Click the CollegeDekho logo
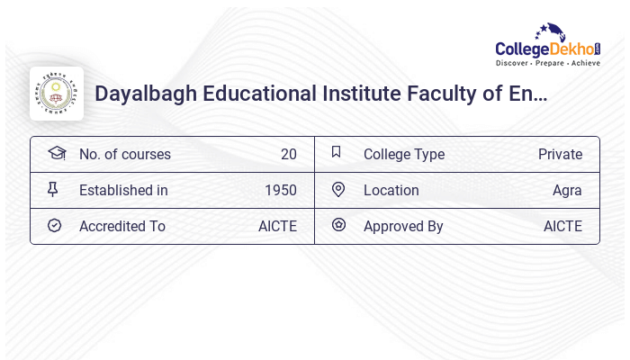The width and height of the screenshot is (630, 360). [x=547, y=47]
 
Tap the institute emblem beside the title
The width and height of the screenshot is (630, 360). [x=57, y=94]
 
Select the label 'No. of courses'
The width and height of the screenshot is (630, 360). [x=125, y=154]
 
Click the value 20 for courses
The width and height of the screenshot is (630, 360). [x=288, y=154]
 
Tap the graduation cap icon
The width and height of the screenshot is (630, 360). [x=56, y=153]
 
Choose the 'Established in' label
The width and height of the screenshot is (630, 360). [x=123, y=190]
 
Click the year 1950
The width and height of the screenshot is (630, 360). [x=280, y=190]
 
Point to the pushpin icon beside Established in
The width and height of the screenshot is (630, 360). [x=52, y=189]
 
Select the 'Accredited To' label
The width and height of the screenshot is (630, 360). [x=122, y=226]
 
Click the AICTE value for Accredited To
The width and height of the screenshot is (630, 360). [x=277, y=226]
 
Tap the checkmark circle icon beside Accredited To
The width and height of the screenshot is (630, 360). [x=55, y=225]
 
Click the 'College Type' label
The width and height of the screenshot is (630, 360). [x=404, y=154]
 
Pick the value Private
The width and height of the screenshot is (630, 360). [x=560, y=154]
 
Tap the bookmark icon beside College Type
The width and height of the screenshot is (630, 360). [x=337, y=152]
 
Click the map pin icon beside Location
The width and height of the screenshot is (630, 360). [x=338, y=189]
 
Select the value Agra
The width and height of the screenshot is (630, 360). [x=567, y=190]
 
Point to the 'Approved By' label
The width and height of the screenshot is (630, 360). [x=403, y=226]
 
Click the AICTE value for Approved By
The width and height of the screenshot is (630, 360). [x=562, y=226]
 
